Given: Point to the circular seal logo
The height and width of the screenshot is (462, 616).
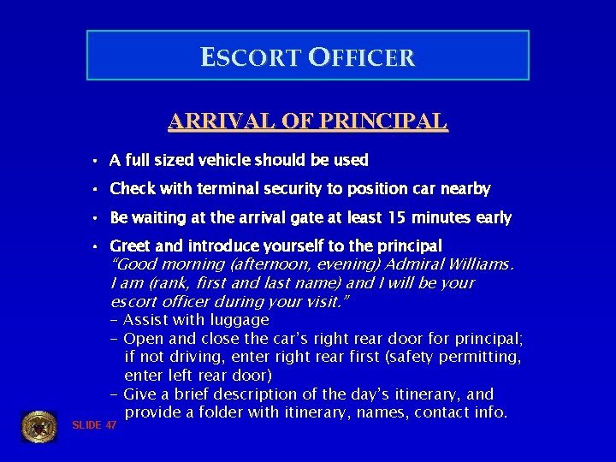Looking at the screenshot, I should tap(38, 427).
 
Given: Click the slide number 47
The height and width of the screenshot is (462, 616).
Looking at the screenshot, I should tap(110, 425).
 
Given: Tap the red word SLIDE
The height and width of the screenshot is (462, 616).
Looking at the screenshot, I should tap(86, 425).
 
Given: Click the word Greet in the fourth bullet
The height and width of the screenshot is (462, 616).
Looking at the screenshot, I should tap(128, 246).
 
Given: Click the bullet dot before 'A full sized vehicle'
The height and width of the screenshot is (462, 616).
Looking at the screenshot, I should tap(98, 161).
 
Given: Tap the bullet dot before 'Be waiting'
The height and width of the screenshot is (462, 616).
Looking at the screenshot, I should tap(98, 218).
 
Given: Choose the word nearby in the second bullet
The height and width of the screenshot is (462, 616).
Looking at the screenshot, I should tap(466, 188).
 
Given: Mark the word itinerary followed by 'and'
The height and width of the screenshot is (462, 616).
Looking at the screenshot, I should tap(429, 394).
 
